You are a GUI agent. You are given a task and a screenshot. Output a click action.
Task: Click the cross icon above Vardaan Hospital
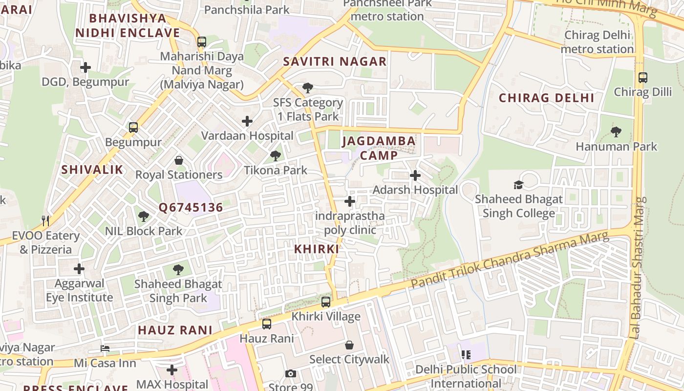[x=247, y=121]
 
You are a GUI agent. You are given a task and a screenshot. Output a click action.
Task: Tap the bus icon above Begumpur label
[x=133, y=128]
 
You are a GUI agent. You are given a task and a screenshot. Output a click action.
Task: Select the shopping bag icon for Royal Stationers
[x=179, y=160]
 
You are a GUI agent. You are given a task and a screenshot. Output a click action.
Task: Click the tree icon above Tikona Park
[x=276, y=156]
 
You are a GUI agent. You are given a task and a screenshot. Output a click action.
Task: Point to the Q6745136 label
[x=191, y=208]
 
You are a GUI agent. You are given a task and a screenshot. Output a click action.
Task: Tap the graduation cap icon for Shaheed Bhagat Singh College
[x=518, y=185]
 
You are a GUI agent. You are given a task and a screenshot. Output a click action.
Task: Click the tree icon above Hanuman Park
[x=616, y=132]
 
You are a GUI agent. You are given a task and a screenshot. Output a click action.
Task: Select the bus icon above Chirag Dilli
[x=643, y=78]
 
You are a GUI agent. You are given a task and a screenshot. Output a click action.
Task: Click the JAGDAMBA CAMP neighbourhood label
[x=379, y=148]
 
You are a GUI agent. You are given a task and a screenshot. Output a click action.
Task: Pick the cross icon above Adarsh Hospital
[x=415, y=175]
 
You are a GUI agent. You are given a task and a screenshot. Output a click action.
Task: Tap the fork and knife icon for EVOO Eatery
[x=46, y=221]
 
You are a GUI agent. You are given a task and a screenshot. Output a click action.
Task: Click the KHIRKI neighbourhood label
[x=317, y=249]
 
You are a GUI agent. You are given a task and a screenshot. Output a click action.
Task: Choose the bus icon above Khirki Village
[x=326, y=302]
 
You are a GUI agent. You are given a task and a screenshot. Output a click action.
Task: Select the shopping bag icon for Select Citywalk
[x=349, y=345]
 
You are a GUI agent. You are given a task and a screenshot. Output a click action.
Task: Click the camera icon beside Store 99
[x=291, y=374]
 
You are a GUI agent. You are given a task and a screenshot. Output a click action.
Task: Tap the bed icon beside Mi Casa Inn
[x=105, y=348]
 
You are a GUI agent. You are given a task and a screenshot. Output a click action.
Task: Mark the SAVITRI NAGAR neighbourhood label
[x=335, y=62]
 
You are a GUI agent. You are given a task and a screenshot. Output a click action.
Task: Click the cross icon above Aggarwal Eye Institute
[x=79, y=269]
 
